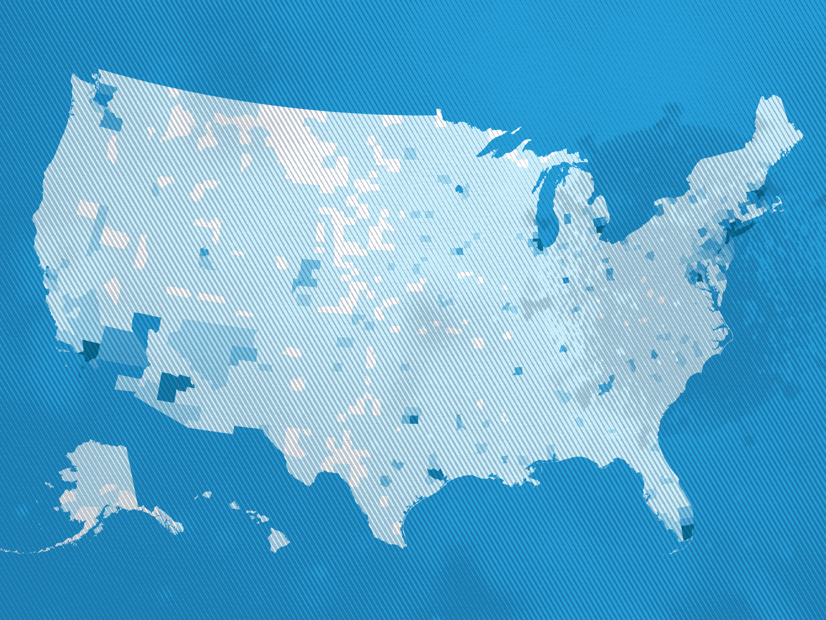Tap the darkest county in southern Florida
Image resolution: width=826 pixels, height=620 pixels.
tap(687, 532)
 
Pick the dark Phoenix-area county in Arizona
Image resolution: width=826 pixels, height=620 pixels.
tap(170, 388)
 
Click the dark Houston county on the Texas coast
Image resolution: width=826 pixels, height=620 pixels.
tap(437, 474)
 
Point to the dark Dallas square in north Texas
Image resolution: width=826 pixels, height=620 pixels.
tap(413, 420)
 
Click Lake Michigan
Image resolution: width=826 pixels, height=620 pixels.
tap(547, 203)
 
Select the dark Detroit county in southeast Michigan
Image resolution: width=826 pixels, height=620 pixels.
tap(600, 229)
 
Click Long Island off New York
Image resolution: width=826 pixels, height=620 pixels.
tap(740, 227)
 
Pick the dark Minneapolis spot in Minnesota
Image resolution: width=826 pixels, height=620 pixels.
tap(459, 189)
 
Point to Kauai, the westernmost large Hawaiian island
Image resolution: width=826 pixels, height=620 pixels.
tap(207, 495)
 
